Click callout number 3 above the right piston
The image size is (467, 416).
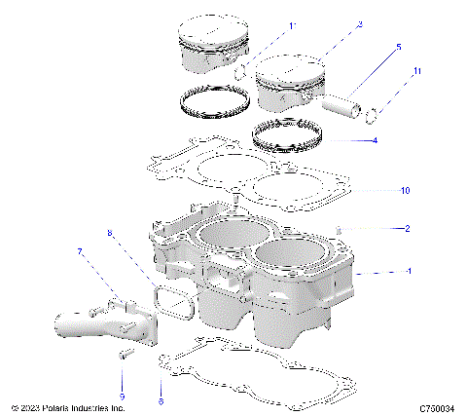332,24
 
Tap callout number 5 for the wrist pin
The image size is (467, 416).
398,47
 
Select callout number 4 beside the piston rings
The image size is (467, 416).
375,140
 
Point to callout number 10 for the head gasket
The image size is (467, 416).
406,189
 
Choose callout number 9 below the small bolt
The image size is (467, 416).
122,396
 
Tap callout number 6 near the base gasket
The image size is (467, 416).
160,400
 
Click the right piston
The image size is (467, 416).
289,86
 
